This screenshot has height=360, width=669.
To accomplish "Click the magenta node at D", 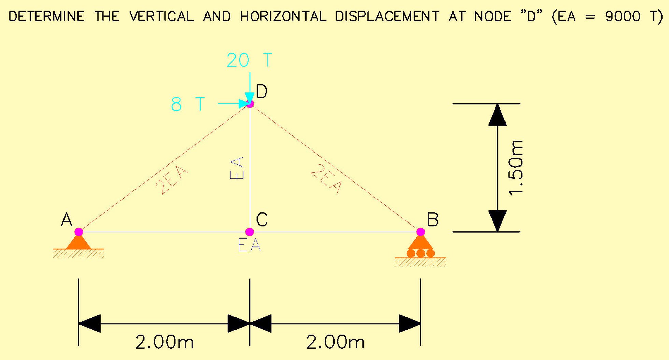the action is point(250,103).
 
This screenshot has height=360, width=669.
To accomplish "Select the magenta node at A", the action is point(79,232).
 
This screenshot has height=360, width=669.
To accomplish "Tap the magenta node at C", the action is point(250,232).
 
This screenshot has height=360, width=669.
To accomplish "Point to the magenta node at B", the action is point(421,232).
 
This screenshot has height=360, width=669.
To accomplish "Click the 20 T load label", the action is point(250,60).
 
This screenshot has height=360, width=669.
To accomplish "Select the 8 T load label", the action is point(188,104).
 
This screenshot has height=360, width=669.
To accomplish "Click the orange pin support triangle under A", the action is point(79,242).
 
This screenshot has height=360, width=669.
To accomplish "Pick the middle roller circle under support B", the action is point(421,253).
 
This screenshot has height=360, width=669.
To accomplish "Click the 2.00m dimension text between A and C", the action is point(165,342).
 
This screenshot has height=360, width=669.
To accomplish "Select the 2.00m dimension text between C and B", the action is point(336,342).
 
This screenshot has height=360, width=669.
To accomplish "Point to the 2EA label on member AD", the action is point(172,180).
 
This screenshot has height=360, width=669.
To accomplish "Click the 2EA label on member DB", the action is point(326,179).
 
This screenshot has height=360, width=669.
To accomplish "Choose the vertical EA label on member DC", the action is point(237,168).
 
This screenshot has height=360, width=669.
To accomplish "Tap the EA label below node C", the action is point(250,245).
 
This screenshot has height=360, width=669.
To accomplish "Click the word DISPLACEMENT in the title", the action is point(387,16).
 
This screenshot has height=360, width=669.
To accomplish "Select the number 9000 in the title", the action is point(623,16).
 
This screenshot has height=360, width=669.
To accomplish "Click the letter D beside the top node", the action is point(261,91).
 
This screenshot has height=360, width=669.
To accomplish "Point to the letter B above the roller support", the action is point(433,219).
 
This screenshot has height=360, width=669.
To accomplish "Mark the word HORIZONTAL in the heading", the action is point(283,16).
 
